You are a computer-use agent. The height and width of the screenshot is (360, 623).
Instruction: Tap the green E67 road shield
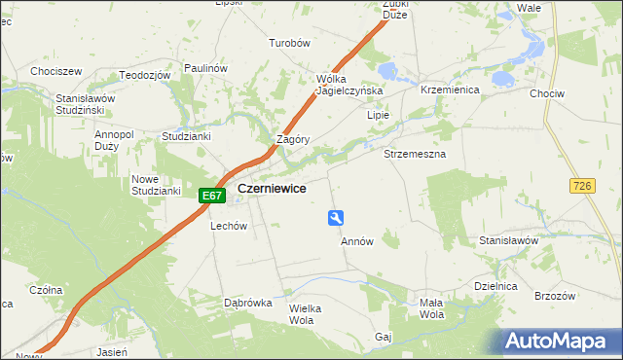(212, 196)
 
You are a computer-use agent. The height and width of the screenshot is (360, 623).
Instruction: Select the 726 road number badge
(584, 185)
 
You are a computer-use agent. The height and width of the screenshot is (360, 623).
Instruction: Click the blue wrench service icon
(336, 219)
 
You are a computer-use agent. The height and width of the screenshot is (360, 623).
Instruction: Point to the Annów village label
(357, 241)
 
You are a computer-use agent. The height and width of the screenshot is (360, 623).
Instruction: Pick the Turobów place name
(289, 44)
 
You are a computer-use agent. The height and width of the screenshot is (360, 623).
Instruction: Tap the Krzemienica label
(447, 89)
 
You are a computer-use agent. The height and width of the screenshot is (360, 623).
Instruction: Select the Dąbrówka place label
(247, 303)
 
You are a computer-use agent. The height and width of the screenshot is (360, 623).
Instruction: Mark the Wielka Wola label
(305, 314)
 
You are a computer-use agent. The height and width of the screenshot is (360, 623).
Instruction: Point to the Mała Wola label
(431, 308)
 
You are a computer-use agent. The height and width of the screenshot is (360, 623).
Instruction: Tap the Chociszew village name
(55, 72)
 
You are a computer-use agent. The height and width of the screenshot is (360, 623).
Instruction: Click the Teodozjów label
(145, 75)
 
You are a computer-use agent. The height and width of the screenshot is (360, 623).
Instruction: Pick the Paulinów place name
(205, 68)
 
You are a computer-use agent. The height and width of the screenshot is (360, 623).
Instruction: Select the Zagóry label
(293, 139)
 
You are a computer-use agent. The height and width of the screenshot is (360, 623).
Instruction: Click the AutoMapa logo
(559, 342)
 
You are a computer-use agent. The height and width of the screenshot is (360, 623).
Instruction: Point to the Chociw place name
(572, 94)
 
